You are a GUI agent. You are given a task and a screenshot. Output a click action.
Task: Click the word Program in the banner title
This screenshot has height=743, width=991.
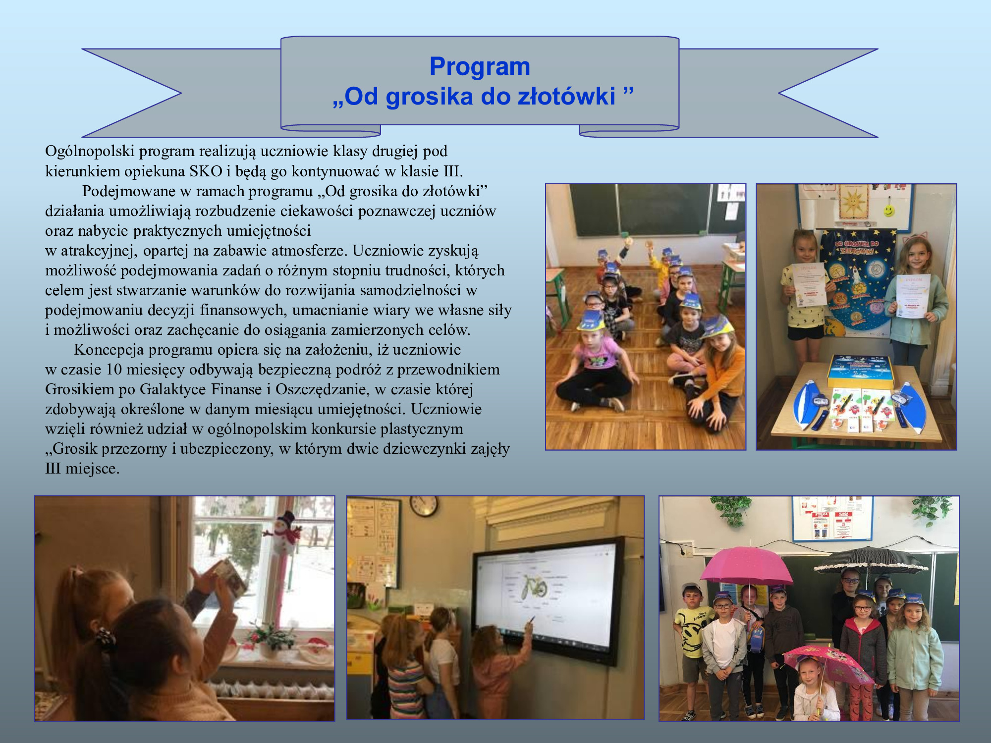pyautogui.click(x=480, y=67)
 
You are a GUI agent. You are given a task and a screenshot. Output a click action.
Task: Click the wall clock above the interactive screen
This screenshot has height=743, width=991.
pyautogui.click(x=424, y=506)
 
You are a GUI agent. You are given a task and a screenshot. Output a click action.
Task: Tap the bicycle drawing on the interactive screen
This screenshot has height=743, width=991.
pyautogui.click(x=533, y=587)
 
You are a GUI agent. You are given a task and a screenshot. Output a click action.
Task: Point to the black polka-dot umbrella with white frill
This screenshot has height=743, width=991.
pyautogui.click(x=871, y=560)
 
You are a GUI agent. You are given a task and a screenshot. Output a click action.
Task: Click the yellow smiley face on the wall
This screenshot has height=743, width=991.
pyautogui.click(x=889, y=211)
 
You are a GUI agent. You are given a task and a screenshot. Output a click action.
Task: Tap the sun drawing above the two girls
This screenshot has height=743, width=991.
pyautogui.click(x=854, y=202)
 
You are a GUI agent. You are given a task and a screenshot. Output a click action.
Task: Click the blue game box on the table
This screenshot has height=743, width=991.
pyautogui.click(x=861, y=371)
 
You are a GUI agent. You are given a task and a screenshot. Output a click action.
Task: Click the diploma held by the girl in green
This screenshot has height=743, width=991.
pyautogui.click(x=913, y=296)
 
